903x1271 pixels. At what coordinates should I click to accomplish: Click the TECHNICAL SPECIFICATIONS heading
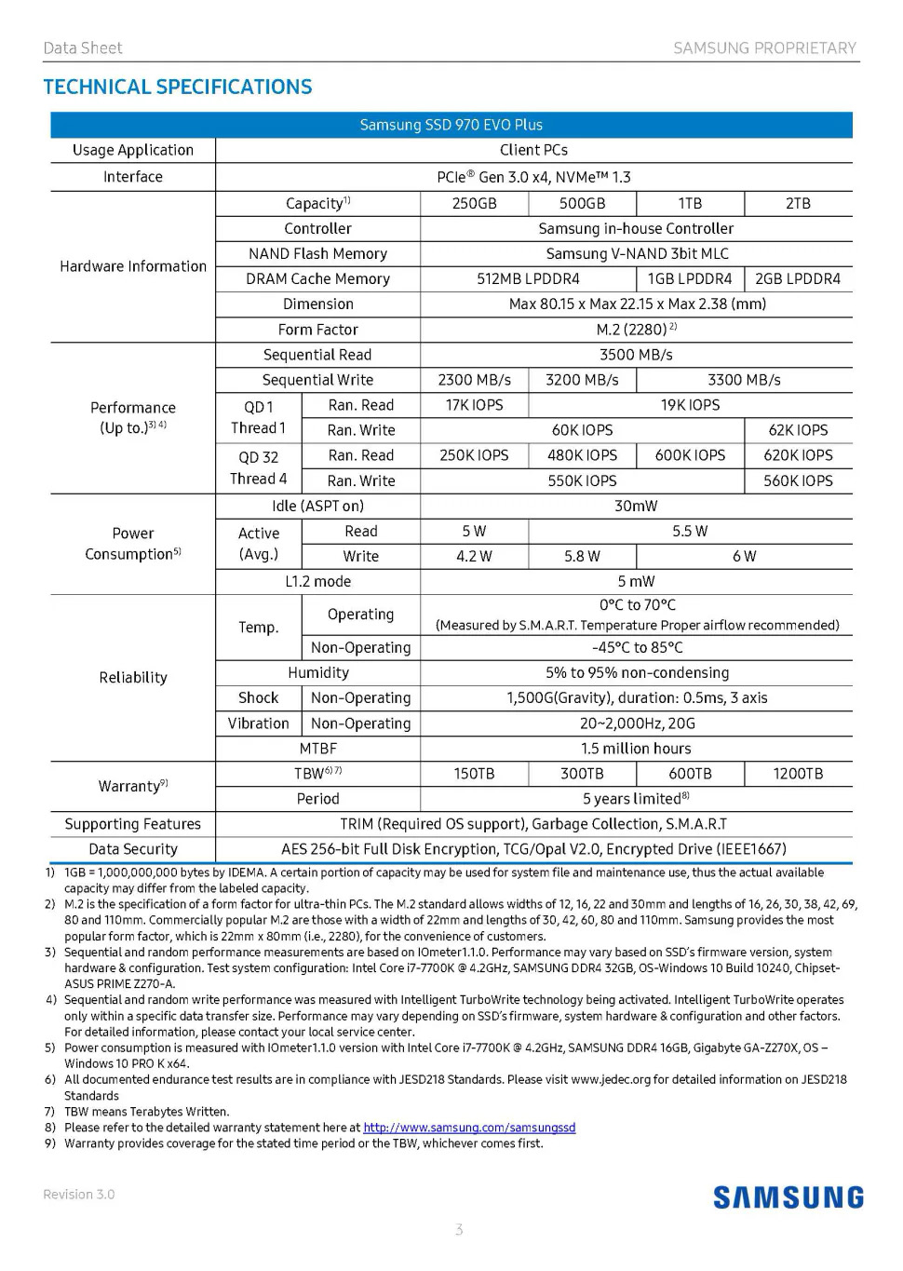[x=178, y=88]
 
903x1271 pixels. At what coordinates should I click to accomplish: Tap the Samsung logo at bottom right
[x=788, y=1197]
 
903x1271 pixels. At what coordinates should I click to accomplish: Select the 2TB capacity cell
[x=797, y=204]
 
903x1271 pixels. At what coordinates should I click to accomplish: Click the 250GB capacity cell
[x=474, y=204]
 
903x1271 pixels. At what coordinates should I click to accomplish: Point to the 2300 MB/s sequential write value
[x=474, y=380]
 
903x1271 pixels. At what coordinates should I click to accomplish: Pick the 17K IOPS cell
[x=474, y=405]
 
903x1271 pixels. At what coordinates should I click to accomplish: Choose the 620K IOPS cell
[x=797, y=455]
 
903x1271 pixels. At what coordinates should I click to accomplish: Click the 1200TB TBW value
[x=797, y=774]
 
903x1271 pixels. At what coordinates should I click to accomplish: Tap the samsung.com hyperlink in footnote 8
[x=469, y=1128]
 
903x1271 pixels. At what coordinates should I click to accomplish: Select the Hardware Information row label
[x=133, y=266]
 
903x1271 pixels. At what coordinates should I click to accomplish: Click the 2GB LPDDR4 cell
[x=797, y=278]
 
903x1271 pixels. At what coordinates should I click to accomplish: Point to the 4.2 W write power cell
[x=474, y=556]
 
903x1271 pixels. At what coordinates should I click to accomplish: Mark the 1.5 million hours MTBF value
[x=636, y=749]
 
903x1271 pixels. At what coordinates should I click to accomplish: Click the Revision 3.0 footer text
[x=79, y=1195]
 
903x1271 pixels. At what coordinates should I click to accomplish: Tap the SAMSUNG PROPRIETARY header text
[x=764, y=48]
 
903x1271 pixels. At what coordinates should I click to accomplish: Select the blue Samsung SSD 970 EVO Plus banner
[x=451, y=125]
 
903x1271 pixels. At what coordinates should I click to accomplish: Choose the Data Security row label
[x=133, y=849]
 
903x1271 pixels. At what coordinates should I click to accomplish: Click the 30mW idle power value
[x=636, y=506]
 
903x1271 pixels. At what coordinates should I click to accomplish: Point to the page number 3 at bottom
[x=459, y=1230]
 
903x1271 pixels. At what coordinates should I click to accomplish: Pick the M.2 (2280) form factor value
[x=636, y=330]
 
